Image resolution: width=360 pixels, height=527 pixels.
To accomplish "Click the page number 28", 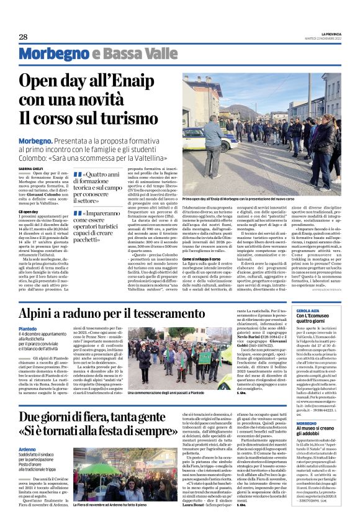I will point(24,37).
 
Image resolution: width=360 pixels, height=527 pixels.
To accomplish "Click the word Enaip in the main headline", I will point(153,82).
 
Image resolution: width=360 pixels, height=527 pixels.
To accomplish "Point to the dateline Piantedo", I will point(27,328).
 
